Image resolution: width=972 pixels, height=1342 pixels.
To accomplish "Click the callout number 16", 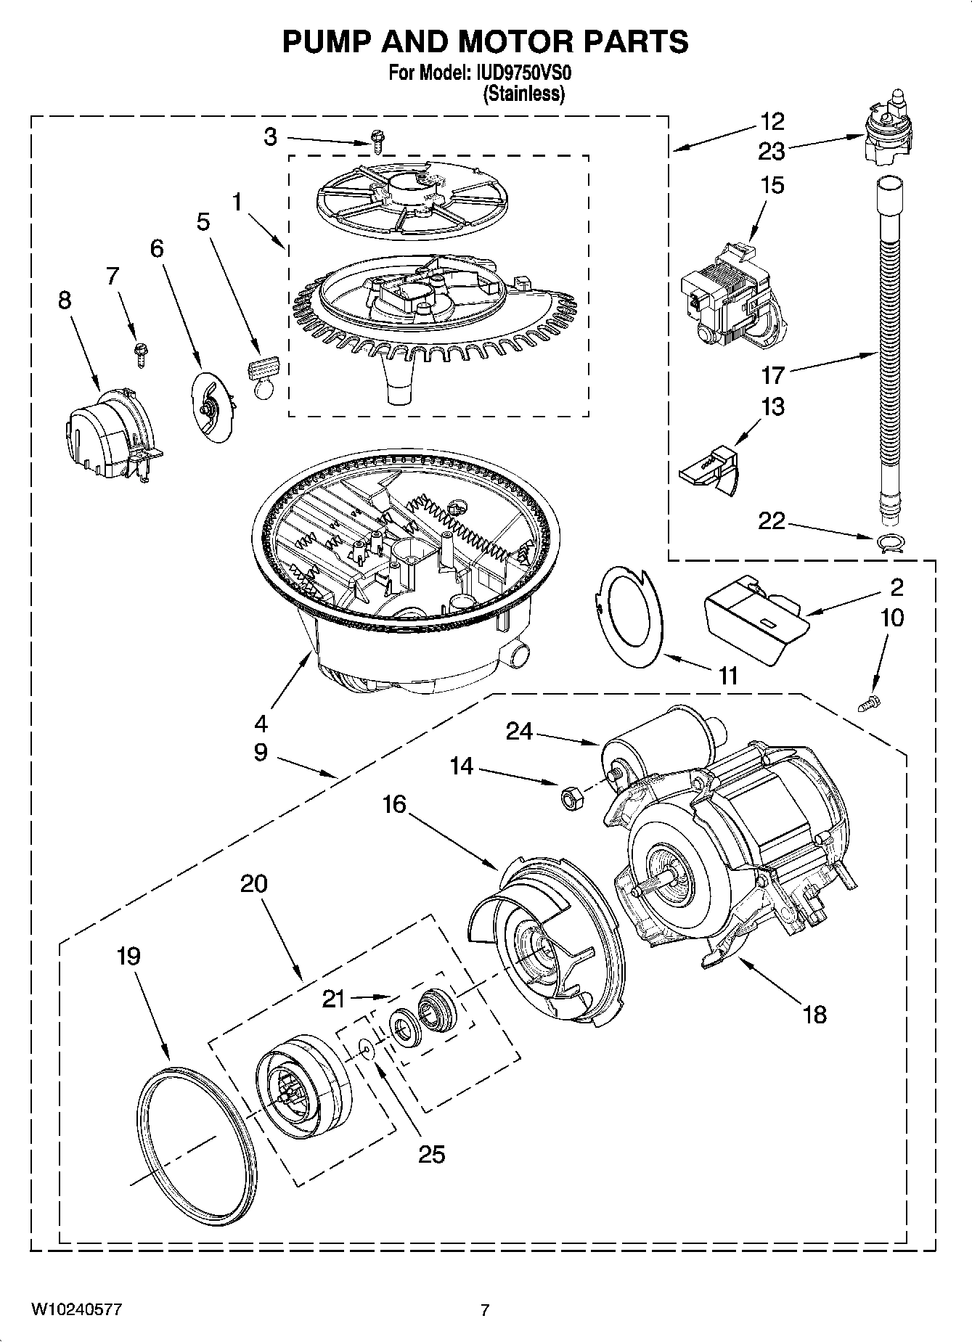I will tap(395, 804).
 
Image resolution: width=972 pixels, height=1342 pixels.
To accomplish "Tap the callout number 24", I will tap(520, 732).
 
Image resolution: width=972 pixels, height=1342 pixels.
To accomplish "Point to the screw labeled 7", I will tap(139, 353).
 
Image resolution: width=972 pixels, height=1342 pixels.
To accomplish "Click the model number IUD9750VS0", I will tap(520, 73).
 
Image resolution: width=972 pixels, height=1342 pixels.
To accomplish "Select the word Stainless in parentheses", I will tap(523, 94).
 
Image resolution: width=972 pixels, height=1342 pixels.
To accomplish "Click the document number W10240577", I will tap(75, 1309).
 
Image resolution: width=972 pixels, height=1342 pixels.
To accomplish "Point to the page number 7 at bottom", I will tap(485, 1309).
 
